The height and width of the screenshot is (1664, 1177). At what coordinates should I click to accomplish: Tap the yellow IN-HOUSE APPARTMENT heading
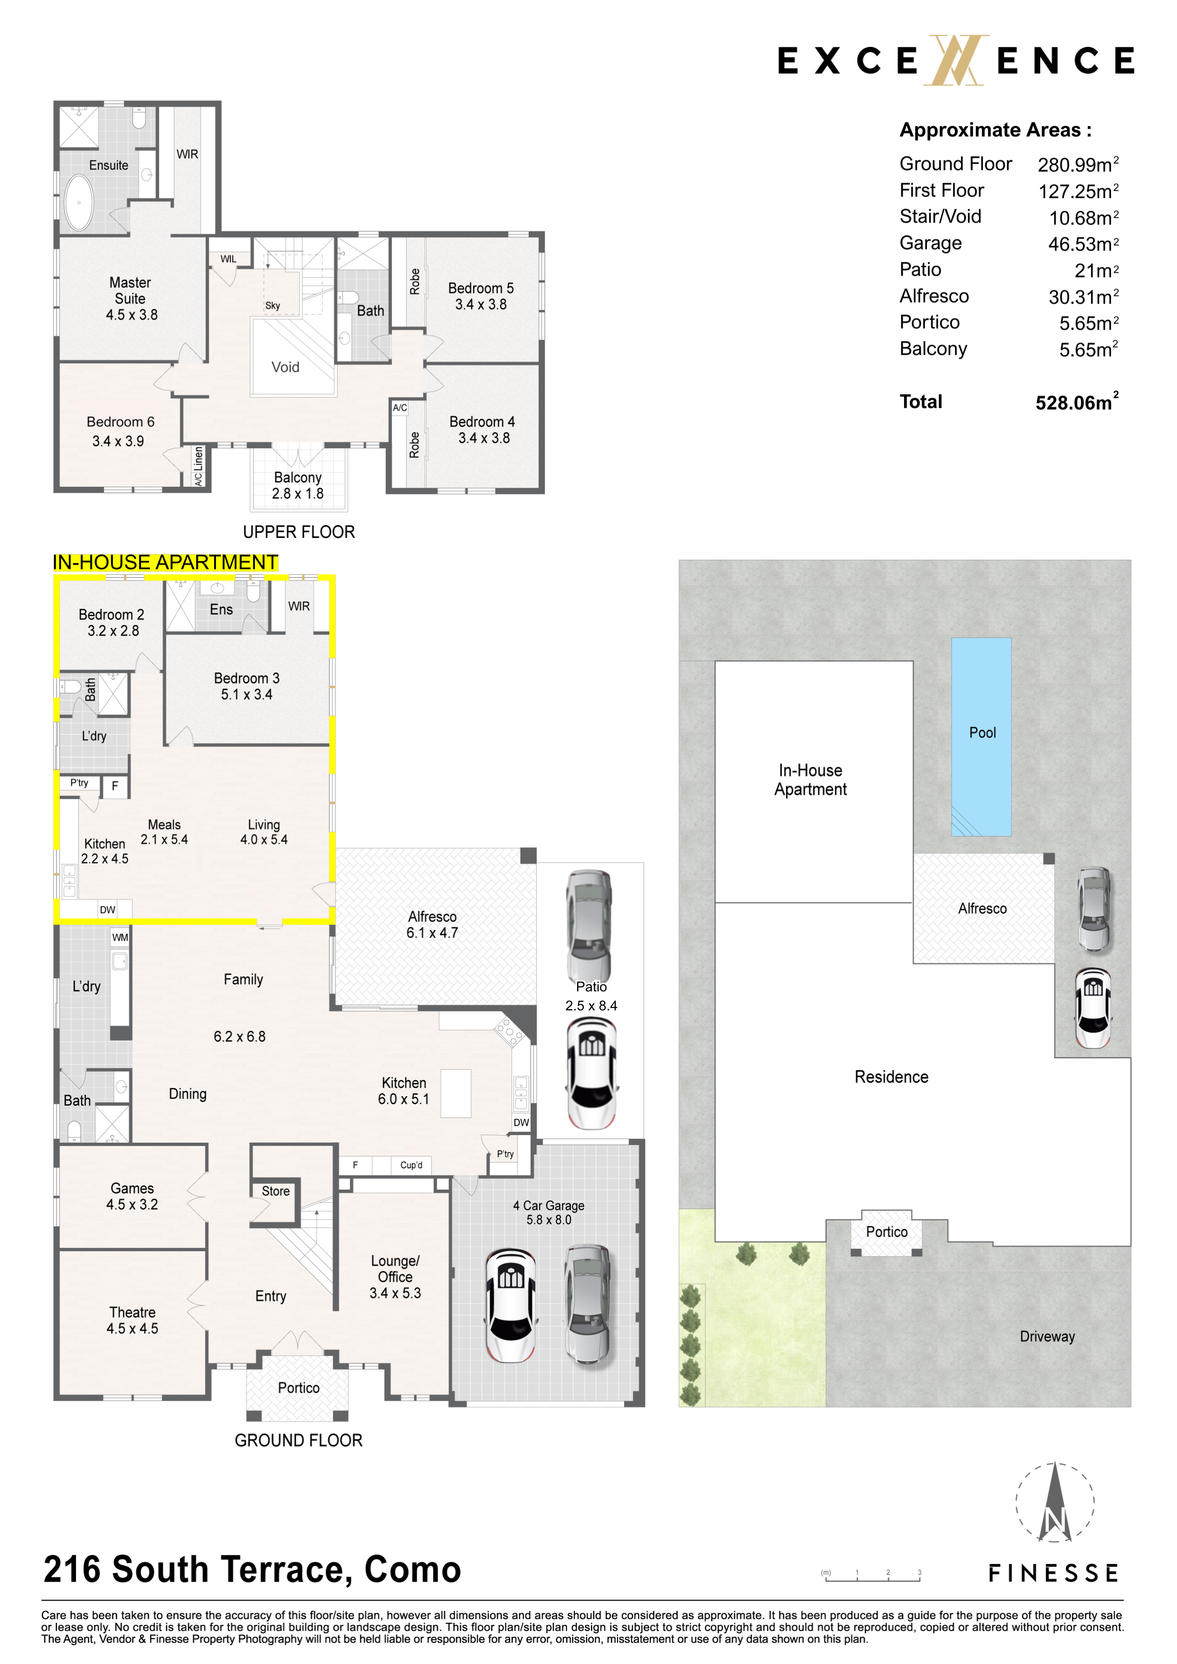[x=165, y=563]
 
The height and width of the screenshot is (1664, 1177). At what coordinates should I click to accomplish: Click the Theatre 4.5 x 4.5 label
[x=132, y=1321]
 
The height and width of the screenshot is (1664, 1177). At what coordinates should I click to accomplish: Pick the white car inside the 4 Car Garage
[x=511, y=1304]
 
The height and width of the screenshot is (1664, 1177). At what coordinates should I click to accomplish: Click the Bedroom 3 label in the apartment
[x=247, y=686]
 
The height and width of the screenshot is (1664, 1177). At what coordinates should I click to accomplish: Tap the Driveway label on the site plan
[x=1047, y=1336]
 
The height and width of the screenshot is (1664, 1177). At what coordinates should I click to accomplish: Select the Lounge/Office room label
[x=395, y=1276]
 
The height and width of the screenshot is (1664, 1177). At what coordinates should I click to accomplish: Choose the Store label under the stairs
[x=276, y=1191]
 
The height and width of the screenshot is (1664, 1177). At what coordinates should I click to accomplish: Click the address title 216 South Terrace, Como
[x=252, y=1569]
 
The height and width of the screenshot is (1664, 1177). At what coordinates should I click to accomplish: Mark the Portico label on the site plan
[x=886, y=1231]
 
